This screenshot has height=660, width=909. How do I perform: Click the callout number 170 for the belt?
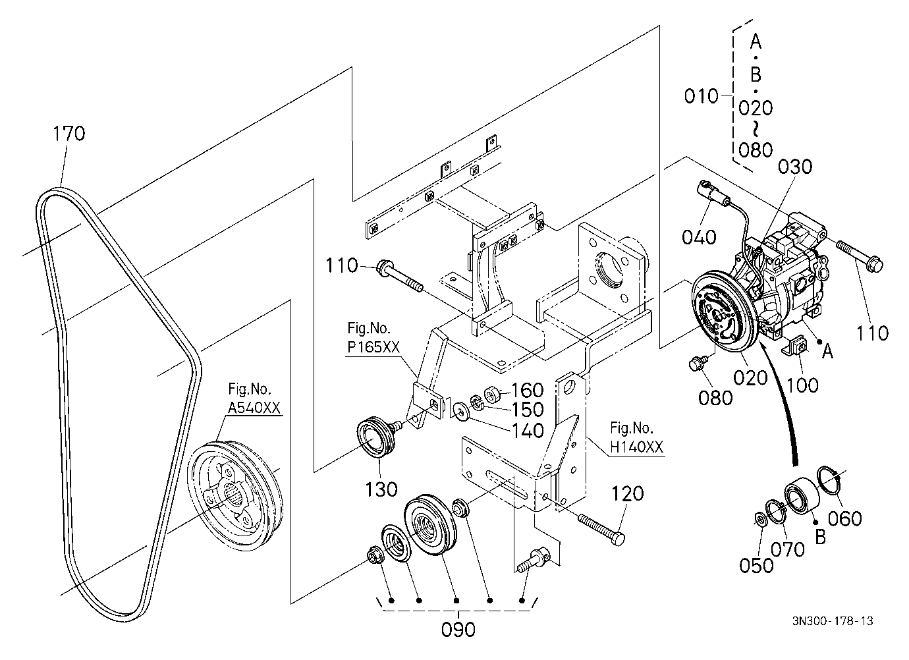coord(69,134)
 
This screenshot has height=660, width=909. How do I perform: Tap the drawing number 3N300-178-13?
coord(833,621)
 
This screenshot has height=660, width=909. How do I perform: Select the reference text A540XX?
coord(254,408)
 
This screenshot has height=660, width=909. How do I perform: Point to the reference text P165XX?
coord(373,346)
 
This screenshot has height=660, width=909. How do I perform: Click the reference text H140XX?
coord(636,447)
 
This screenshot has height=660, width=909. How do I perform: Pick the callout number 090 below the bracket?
coord(458,630)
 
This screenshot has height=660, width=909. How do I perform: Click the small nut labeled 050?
coord(759,519)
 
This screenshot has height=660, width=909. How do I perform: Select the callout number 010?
coord(702,97)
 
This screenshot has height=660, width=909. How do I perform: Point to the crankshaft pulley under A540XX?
coord(234,495)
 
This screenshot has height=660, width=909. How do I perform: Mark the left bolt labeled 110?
coord(400,277)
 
